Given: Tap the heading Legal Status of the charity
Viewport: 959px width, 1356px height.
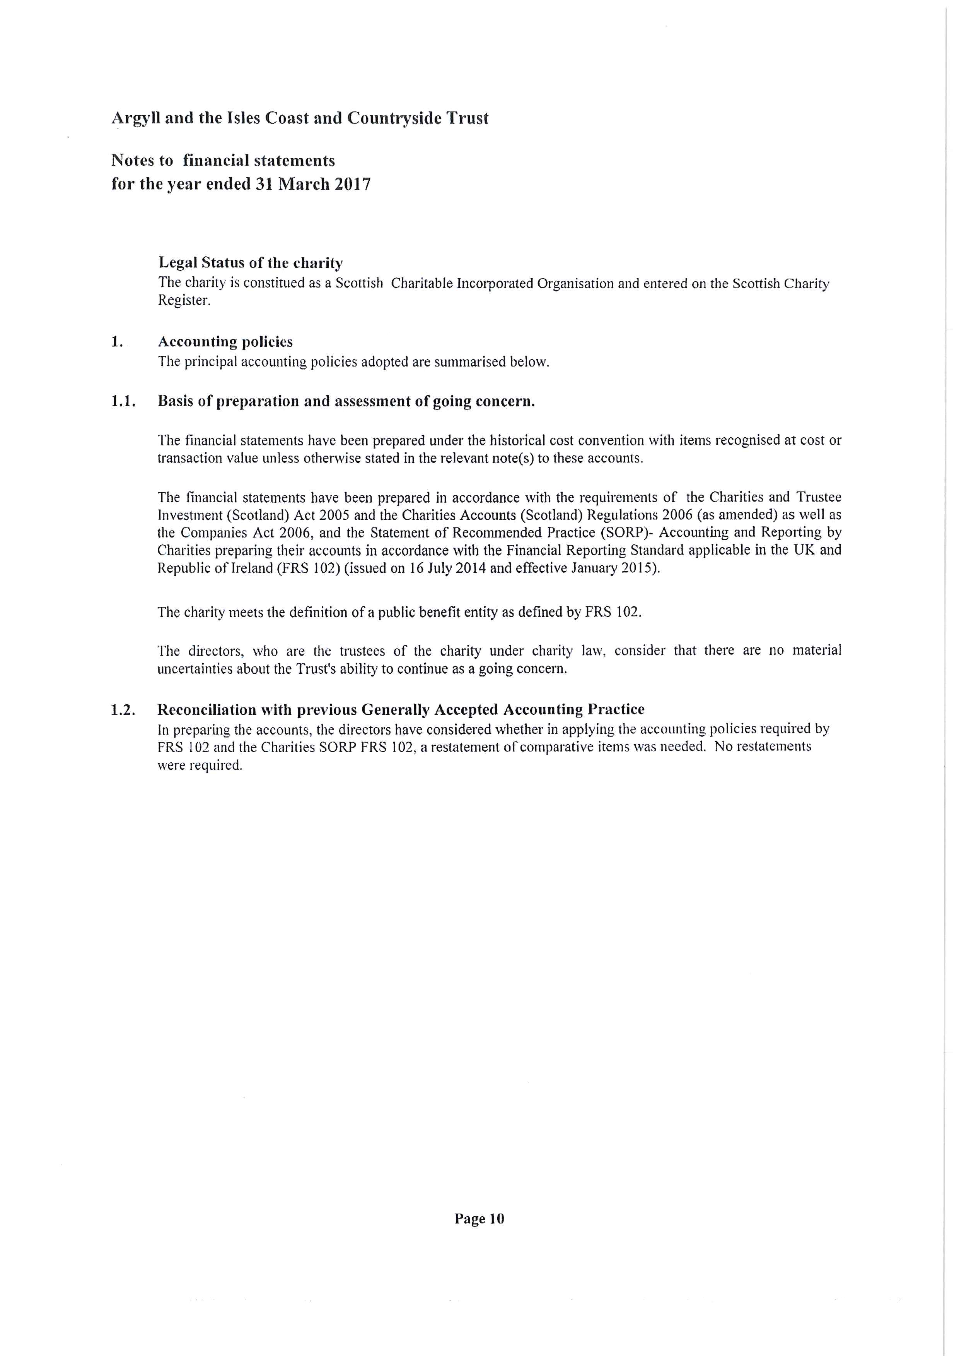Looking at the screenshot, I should [250, 262].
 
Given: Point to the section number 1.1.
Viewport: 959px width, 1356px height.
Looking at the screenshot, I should [123, 402].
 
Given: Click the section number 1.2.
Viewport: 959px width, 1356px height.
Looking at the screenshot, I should [123, 710].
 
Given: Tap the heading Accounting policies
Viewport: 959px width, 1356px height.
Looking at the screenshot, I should [225, 342].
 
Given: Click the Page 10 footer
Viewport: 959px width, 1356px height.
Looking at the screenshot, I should [479, 1219].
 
